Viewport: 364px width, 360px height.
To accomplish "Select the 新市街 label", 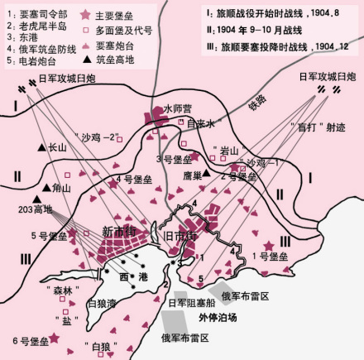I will pyautogui.click(x=118, y=231).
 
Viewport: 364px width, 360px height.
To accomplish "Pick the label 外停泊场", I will pyautogui.click(x=218, y=317).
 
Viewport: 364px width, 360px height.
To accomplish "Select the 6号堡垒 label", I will pyautogui.click(x=26, y=342).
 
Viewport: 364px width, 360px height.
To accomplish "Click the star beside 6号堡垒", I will pyautogui.click(x=55, y=337).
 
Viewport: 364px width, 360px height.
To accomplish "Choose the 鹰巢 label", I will pyautogui.click(x=192, y=175).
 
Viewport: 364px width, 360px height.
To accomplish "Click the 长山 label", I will pyautogui.click(x=57, y=147).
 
